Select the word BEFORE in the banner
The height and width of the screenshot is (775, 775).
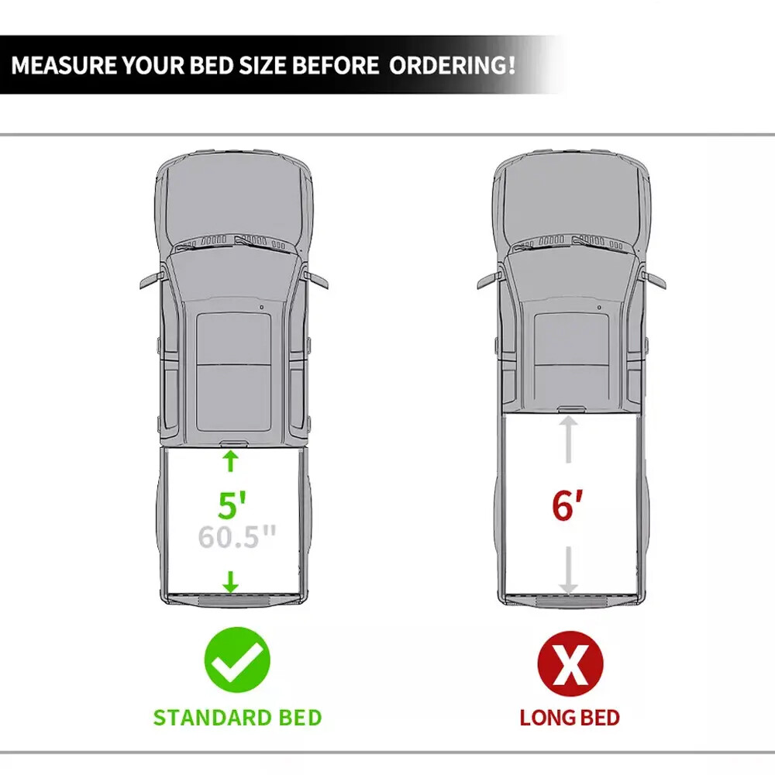click(336, 65)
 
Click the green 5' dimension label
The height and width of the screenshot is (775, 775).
click(232, 505)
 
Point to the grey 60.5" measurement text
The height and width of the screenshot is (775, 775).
click(236, 537)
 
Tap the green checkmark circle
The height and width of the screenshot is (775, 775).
click(237, 660)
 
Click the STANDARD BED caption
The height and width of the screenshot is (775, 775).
click(237, 718)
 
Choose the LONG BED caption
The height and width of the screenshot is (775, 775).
click(570, 718)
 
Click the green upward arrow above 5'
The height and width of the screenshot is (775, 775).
click(230, 460)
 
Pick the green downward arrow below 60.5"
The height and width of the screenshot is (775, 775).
click(230, 582)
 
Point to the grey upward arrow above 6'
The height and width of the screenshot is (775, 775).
click(568, 439)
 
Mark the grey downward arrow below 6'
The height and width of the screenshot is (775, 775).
click(568, 570)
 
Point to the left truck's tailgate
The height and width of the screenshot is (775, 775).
click(234, 600)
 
